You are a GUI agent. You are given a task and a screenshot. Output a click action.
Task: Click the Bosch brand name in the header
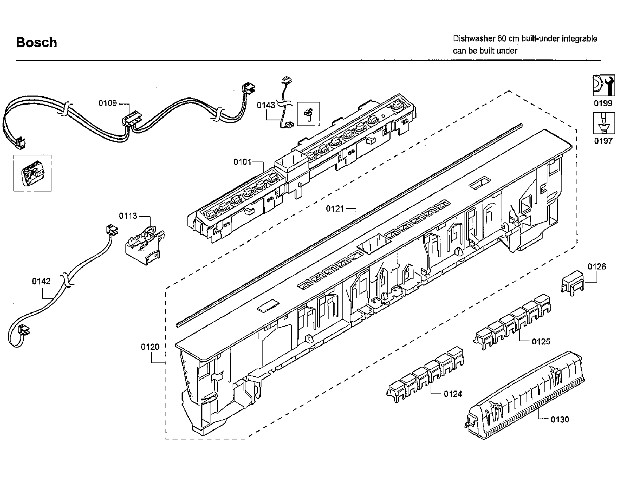click(x=36, y=43)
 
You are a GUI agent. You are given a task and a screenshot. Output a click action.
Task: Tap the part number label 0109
click(x=108, y=103)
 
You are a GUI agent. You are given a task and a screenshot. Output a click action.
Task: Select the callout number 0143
click(x=266, y=105)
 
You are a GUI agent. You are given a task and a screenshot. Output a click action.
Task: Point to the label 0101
click(x=242, y=162)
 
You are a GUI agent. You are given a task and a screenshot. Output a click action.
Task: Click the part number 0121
click(x=335, y=209)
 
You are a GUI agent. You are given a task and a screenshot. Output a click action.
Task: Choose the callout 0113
click(x=128, y=216)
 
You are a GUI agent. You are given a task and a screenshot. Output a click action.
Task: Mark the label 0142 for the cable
click(x=41, y=281)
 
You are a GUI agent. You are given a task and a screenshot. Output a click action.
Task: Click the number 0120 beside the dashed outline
click(x=150, y=347)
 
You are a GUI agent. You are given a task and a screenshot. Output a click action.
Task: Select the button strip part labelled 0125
click(x=512, y=323)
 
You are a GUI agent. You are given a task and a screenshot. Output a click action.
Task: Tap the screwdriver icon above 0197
click(x=603, y=123)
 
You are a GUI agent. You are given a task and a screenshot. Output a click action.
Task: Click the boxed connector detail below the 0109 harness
click(x=32, y=173)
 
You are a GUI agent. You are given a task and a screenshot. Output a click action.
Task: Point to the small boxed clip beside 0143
click(x=308, y=113)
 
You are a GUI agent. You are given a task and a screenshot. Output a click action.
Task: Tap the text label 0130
click(x=559, y=420)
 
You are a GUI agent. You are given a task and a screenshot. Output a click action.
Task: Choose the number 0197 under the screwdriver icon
click(x=603, y=141)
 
